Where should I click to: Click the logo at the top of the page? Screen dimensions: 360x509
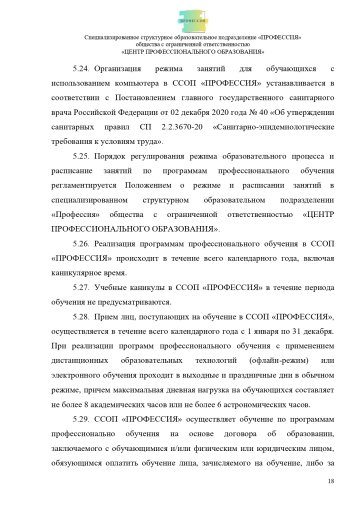180,15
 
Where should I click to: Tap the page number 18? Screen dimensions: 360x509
329,480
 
